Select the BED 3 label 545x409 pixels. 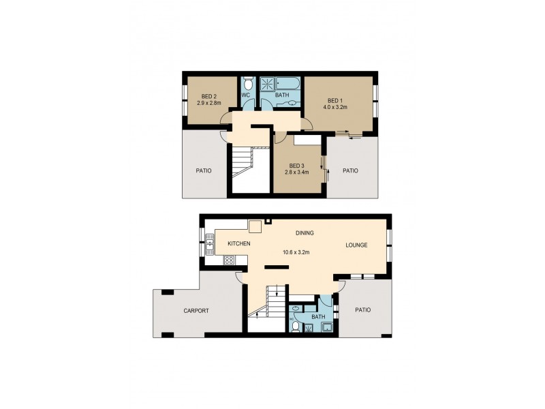click(x=296, y=166)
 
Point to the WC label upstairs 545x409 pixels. click(x=247, y=95)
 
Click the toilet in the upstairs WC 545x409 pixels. click(x=248, y=84)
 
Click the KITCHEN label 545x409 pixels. click(x=238, y=243)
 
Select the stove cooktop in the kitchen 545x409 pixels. click(x=230, y=260)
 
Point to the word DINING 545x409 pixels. click(x=304, y=233)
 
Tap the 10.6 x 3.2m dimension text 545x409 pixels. click(x=297, y=252)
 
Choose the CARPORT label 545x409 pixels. click(x=196, y=311)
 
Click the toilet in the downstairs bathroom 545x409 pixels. click(x=296, y=327)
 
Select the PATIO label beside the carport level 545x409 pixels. click(x=362, y=309)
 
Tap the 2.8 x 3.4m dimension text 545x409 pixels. click(x=296, y=172)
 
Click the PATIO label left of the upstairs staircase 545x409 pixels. click(x=203, y=170)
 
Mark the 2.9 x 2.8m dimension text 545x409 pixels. click(x=209, y=103)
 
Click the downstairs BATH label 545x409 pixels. click(x=318, y=316)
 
